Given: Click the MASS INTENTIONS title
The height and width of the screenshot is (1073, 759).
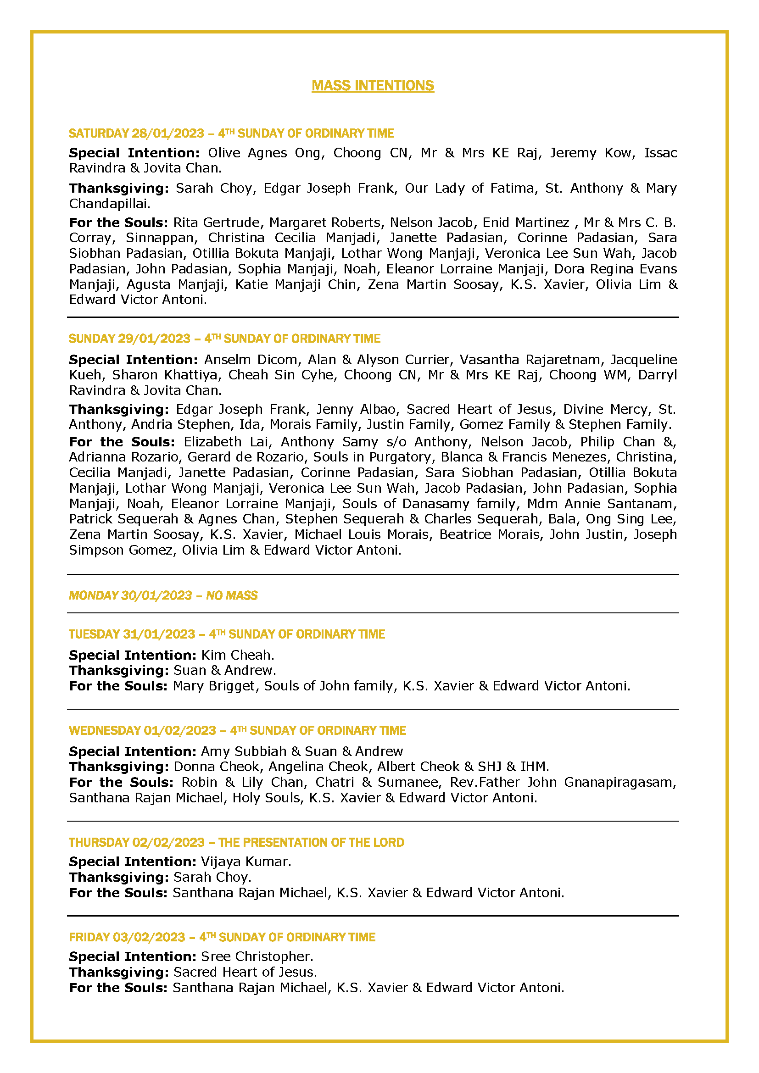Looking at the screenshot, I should click(373, 85).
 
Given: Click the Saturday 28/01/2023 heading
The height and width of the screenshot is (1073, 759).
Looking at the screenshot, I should click(231, 133).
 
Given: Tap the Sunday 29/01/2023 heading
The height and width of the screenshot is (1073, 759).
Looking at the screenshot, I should click(224, 339).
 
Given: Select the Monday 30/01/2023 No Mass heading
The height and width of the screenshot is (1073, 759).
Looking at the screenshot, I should click(163, 595).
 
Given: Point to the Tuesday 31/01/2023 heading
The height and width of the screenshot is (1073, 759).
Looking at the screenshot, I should click(227, 634).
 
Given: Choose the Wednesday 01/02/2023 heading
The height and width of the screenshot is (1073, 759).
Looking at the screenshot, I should click(237, 730).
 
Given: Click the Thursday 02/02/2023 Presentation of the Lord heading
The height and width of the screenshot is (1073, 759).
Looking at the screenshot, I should click(236, 842).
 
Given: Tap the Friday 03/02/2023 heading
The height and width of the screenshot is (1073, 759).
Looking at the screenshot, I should click(222, 937).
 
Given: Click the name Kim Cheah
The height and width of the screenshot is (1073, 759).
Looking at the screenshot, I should click(237, 655).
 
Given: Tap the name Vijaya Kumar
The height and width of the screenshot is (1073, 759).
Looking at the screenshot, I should click(245, 862).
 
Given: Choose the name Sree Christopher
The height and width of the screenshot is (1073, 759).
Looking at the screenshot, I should click(256, 956).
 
